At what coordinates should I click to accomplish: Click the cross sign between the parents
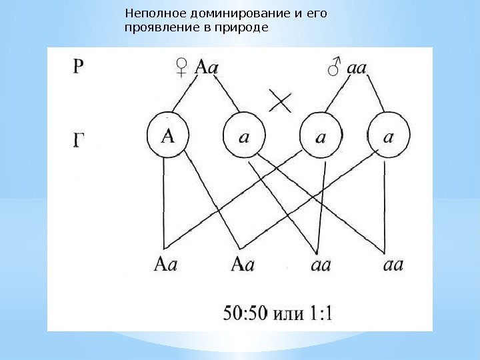[281, 102]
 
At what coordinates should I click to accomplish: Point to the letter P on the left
[79, 67]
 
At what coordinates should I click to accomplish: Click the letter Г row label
[79, 141]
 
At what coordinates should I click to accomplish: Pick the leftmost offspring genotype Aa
[166, 265]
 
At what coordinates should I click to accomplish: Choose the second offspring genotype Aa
[243, 265]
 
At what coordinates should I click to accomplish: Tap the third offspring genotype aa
[321, 265]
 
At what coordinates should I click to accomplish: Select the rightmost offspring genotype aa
[393, 265]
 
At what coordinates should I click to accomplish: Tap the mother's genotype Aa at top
[206, 67]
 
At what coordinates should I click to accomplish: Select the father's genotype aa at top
[357, 67]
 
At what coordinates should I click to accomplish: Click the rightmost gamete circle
[389, 135]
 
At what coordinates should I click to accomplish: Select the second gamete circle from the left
[244, 135]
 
